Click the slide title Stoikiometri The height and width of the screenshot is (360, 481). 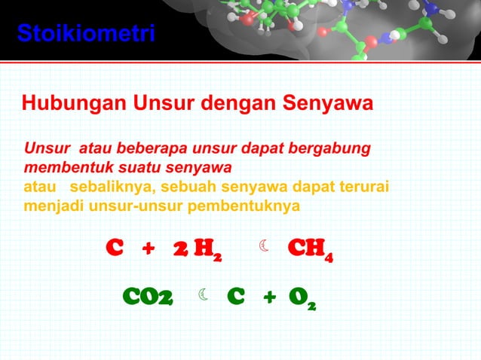pyautogui.click(x=86, y=34)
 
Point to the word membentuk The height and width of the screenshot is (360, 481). pyautogui.click(x=64, y=166)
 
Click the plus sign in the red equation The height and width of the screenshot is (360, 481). pyautogui.click(x=149, y=248)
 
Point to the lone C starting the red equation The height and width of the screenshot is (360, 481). pyautogui.click(x=114, y=248)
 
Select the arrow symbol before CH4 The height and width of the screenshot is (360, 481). pyautogui.click(x=263, y=246)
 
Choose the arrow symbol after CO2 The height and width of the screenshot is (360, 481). pyautogui.click(x=204, y=294)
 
